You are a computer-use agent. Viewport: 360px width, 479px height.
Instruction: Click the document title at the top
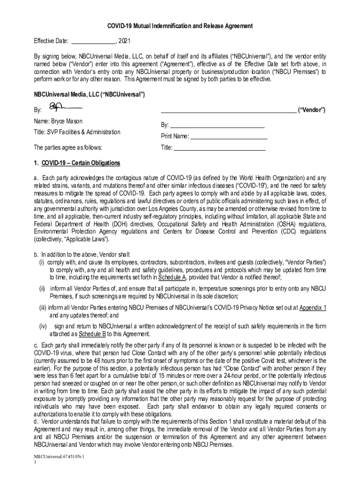[180, 26]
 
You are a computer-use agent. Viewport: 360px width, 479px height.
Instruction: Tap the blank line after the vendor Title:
[219, 148]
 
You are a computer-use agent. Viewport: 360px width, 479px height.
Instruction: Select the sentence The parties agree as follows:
[68, 148]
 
